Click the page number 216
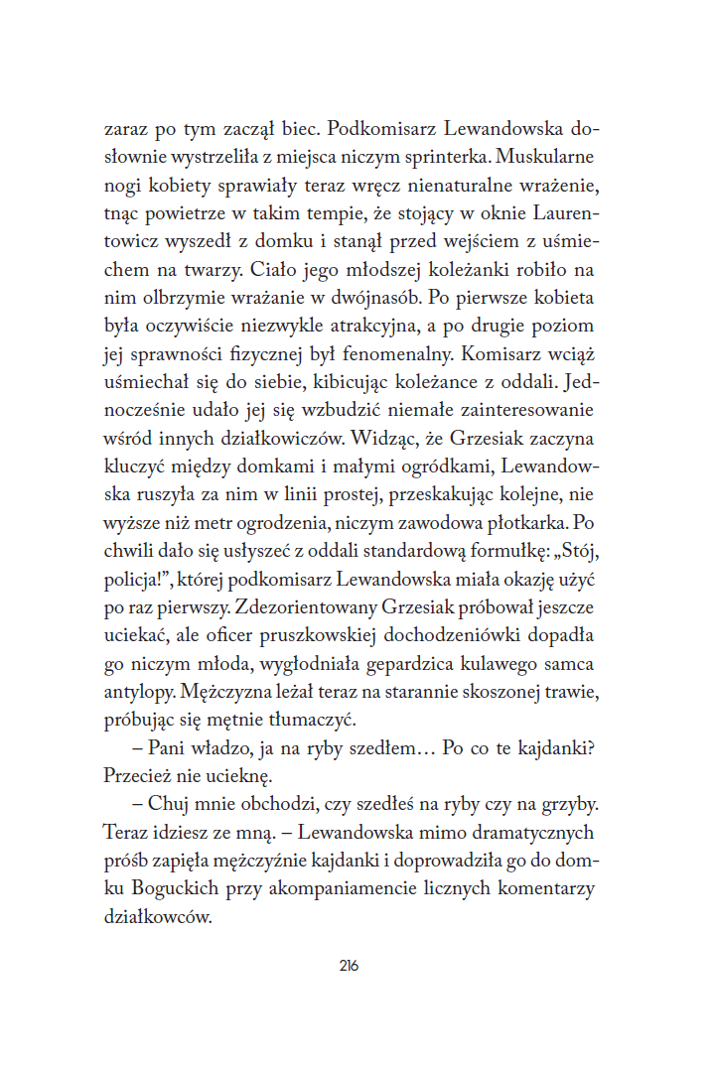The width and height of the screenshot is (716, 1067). [348, 967]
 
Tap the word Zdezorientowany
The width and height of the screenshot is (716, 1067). [308, 605]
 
